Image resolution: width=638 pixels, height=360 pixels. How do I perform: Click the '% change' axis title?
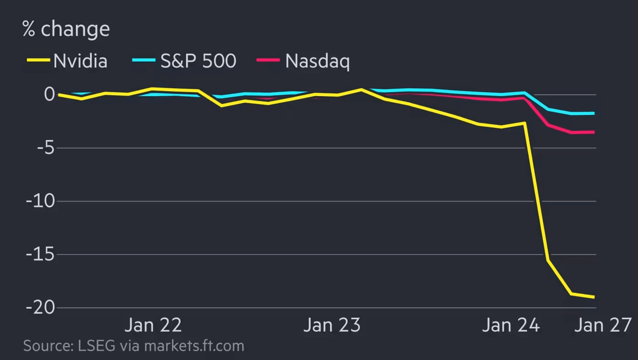pyautogui.click(x=66, y=29)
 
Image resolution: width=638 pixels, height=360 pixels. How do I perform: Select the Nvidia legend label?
pyautogui.click(x=80, y=61)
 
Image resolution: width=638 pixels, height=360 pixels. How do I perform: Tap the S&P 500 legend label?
pyautogui.click(x=198, y=61)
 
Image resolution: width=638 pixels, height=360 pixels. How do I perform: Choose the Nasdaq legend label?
pyautogui.click(x=317, y=61)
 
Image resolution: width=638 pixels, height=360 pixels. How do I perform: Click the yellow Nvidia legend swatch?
pyautogui.click(x=38, y=60)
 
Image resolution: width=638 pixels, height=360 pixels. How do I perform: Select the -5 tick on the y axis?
pyautogui.click(x=43, y=148)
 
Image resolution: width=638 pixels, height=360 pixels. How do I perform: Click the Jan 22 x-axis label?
pyautogui.click(x=153, y=325)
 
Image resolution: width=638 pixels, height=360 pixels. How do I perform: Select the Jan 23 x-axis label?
pyautogui.click(x=332, y=325)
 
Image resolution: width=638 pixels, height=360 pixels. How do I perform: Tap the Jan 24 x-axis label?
pyautogui.click(x=511, y=325)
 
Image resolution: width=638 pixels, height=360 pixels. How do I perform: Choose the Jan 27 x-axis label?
pyautogui.click(x=603, y=325)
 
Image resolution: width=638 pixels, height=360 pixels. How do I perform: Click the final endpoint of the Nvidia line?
pyautogui.click(x=594, y=297)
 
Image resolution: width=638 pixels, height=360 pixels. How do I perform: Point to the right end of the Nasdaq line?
pyautogui.click(x=594, y=132)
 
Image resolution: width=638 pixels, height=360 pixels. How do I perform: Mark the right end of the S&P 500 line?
pyautogui.click(x=594, y=113)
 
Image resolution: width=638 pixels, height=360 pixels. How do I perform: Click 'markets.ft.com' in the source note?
pyautogui.click(x=194, y=345)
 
